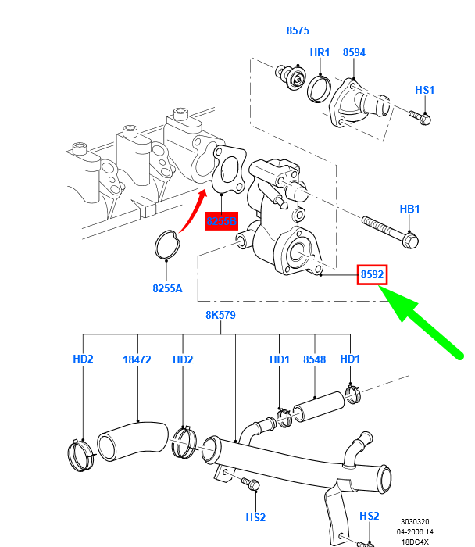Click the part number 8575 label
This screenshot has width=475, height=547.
(298, 31)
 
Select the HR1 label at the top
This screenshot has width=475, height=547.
(320, 52)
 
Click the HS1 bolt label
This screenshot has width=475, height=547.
(424, 91)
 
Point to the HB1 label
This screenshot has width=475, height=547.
(410, 209)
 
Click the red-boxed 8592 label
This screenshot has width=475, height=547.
(373, 274)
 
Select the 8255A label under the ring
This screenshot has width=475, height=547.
(167, 288)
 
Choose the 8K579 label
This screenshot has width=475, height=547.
(220, 316)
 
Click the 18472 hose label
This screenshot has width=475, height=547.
(137, 359)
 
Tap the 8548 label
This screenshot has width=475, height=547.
(314, 359)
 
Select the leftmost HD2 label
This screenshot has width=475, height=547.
(83, 359)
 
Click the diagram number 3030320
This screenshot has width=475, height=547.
(417, 522)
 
